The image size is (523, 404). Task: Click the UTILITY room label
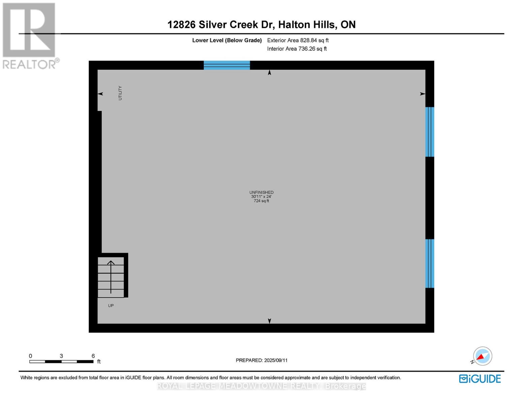click(x=120, y=93)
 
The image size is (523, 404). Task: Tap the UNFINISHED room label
click(x=261, y=192)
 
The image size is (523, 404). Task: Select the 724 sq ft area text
click(x=261, y=201)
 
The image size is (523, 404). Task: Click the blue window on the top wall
click(x=227, y=65)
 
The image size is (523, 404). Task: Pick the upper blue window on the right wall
click(x=430, y=132)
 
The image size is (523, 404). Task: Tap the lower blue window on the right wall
click(x=430, y=264)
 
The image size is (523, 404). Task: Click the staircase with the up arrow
click(x=111, y=277)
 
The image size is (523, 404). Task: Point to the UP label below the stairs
click(x=111, y=306)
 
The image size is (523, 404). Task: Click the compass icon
click(x=482, y=356)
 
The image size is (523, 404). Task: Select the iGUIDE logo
click(x=480, y=379)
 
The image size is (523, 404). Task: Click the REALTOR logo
click(x=30, y=35)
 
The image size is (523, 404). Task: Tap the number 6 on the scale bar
click(x=93, y=356)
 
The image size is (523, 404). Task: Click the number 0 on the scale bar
click(x=30, y=356)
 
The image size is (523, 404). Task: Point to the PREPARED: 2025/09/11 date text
click(x=262, y=360)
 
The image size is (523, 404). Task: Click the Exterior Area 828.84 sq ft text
click(x=298, y=40)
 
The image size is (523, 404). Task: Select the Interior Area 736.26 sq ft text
click(x=297, y=49)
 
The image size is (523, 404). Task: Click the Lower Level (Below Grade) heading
click(x=227, y=40)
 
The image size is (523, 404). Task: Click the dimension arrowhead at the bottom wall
click(x=269, y=321)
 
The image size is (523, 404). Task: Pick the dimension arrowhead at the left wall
click(x=100, y=94)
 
